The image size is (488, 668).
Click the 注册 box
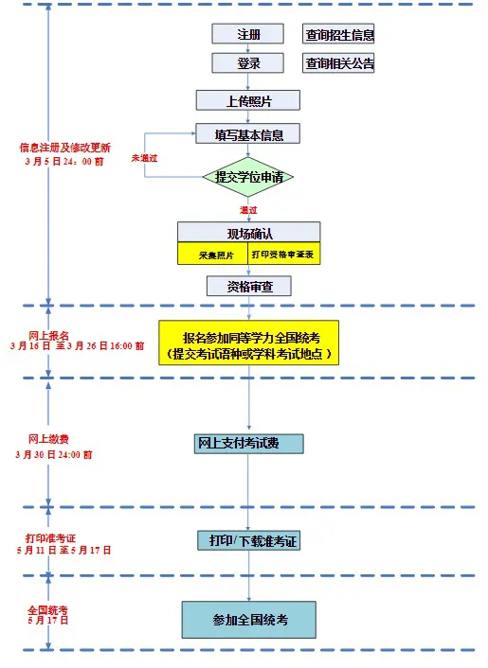click(x=247, y=35)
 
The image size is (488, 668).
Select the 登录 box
click(x=247, y=64)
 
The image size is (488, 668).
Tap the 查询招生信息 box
click(x=338, y=35)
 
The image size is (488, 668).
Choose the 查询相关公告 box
click(x=338, y=64)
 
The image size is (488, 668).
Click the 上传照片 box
click(x=248, y=99)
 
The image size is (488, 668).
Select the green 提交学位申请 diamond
click(x=248, y=177)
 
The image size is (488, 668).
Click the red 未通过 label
click(x=144, y=157)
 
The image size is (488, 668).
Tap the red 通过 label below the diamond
click(x=248, y=209)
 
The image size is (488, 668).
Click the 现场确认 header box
click(x=248, y=233)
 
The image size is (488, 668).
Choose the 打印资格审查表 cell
click(x=283, y=255)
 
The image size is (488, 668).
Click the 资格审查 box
click(x=248, y=286)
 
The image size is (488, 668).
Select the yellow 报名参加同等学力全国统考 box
click(x=250, y=343)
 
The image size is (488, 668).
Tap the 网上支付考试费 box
click(x=248, y=444)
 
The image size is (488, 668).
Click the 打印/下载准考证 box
click(x=248, y=540)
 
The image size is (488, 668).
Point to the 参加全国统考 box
click(x=248, y=620)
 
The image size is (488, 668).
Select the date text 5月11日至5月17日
click(x=63, y=550)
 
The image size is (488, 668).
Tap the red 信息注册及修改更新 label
click(x=64, y=148)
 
